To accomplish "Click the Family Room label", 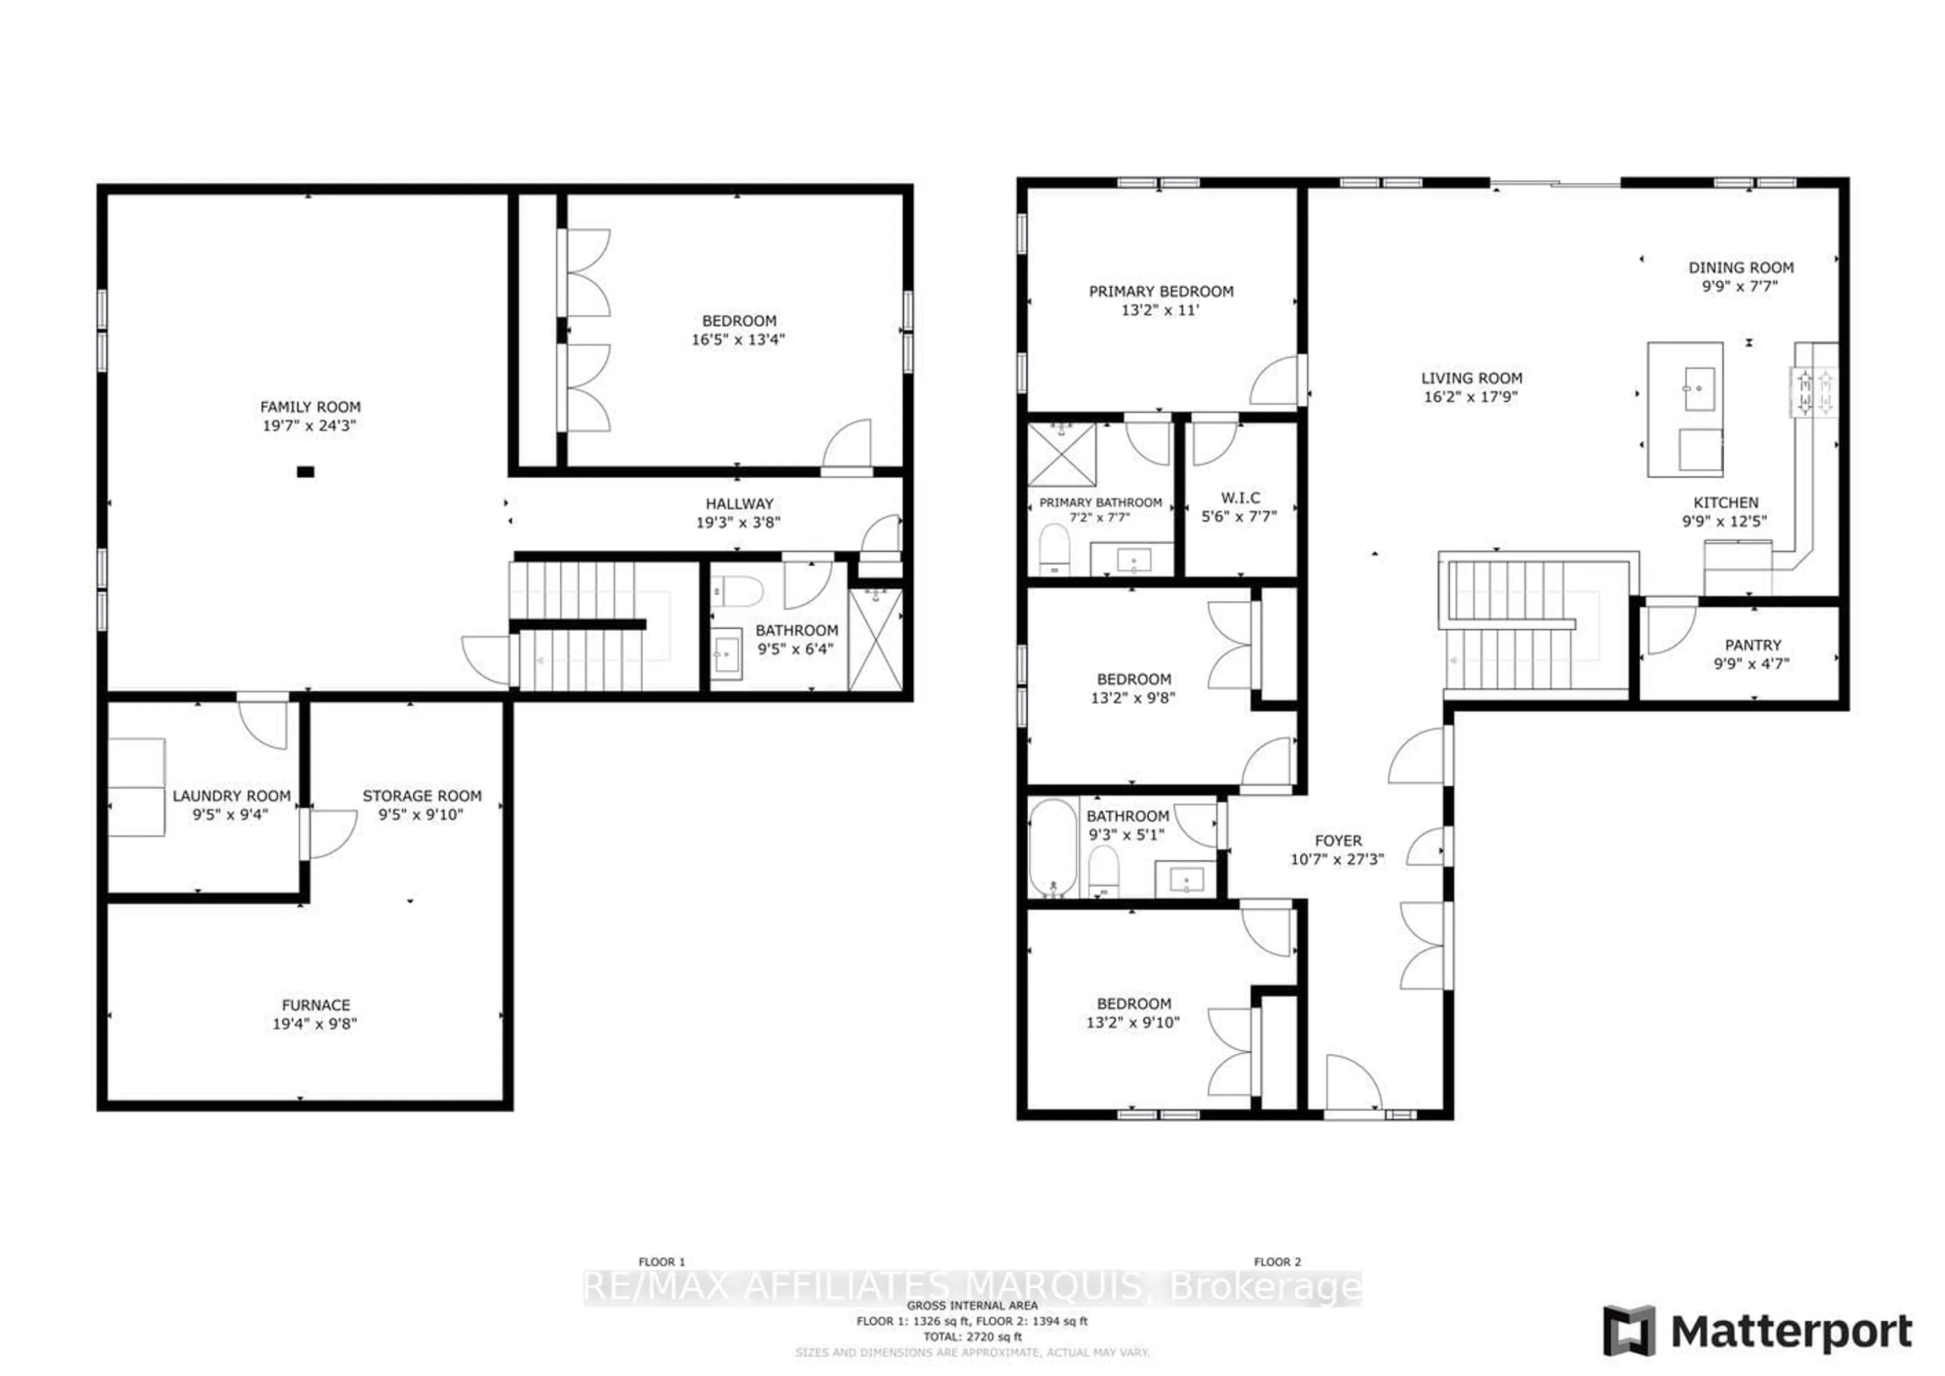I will click(310, 407).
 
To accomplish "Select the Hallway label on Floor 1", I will click(738, 503).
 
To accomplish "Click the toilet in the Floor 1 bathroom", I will click(738, 591).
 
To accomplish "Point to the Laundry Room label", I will click(231, 795).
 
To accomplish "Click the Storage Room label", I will click(422, 795).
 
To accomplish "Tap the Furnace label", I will click(315, 1005).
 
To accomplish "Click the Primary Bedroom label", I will click(1160, 291).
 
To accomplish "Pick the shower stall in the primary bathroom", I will click(1062, 455).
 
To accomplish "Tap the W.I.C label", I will click(1240, 498).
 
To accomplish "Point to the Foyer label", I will click(1338, 840).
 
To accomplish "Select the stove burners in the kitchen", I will click(1813, 392).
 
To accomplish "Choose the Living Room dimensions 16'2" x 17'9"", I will click(1470, 397).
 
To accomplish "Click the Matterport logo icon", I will click(1628, 1331).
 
